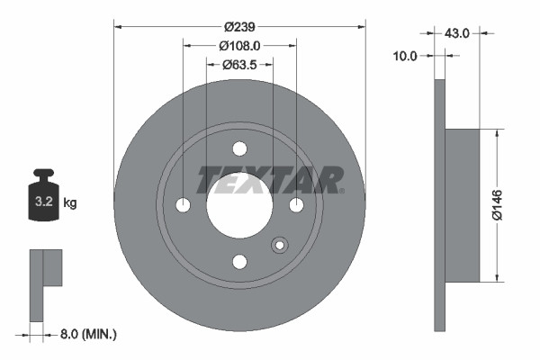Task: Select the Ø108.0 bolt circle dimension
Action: click(239, 45)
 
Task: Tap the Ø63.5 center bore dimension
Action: click(239, 64)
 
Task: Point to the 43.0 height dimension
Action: click(458, 33)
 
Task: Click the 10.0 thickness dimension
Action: click(406, 56)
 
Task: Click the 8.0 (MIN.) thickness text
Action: click(87, 334)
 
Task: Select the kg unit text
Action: click(70, 203)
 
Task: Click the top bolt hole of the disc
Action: click(239, 149)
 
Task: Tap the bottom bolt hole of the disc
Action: click(239, 261)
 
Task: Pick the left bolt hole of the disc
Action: click(184, 205)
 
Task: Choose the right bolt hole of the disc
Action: click(295, 205)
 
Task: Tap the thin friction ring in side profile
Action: click(440, 205)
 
